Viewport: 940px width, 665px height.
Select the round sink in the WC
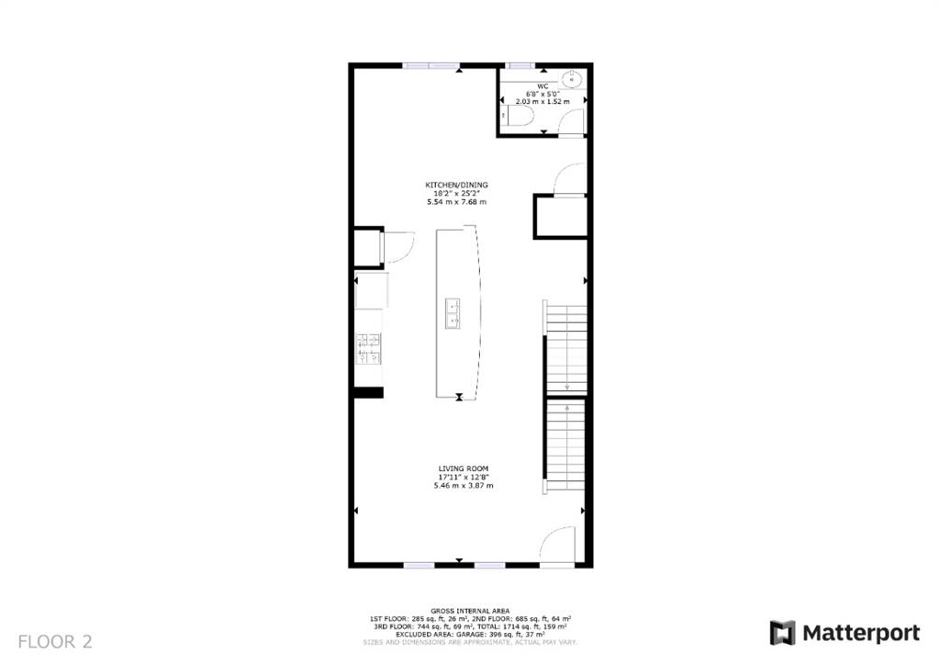pos(571,78)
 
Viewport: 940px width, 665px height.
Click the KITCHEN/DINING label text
pos(456,185)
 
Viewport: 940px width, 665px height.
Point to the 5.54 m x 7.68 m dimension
pos(456,201)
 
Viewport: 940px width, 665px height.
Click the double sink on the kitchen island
pos(452,312)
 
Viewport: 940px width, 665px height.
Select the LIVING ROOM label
pos(463,468)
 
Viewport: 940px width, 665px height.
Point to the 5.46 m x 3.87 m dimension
pos(463,485)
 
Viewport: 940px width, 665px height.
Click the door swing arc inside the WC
pos(571,119)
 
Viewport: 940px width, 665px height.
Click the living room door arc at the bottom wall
pos(555,545)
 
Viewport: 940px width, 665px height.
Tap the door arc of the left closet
pos(398,247)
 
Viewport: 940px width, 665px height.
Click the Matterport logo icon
pos(782,632)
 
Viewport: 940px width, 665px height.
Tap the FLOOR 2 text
pos(55,641)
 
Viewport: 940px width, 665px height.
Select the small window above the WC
pos(521,65)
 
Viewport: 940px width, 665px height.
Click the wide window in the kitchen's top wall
pos(431,65)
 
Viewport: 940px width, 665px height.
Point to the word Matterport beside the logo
pos(861,632)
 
